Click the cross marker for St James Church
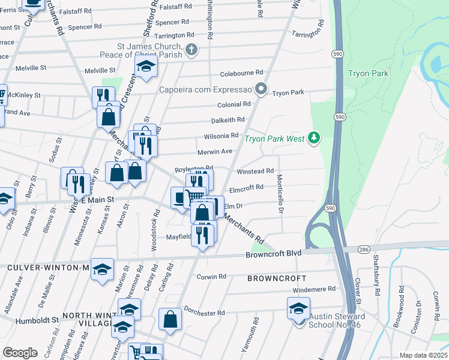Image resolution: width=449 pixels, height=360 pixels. tap(191, 49)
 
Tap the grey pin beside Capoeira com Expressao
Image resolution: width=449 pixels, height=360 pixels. tap(261, 89)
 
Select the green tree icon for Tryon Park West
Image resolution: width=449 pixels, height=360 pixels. tap(313, 139)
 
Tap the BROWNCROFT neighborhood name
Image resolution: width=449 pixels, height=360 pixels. tap(277, 278)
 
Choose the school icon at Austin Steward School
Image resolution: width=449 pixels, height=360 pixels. tap(299, 310)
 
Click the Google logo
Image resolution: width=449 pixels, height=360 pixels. tap(20, 352)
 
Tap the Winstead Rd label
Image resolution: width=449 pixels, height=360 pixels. tap(255, 171)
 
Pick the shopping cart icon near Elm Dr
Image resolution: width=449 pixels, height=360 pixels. tap(194, 196)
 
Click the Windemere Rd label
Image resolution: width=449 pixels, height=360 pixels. tap(315, 289)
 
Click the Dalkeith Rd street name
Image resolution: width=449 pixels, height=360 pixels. tap(228, 120)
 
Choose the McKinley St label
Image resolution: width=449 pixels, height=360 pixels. tap(23, 95)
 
